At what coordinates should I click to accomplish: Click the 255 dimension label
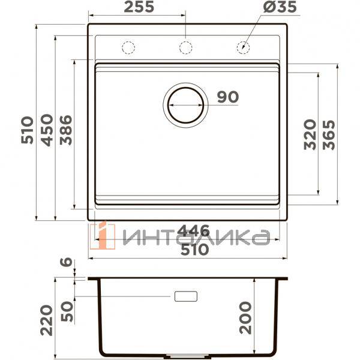[x=139, y=7]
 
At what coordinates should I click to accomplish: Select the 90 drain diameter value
[x=227, y=97]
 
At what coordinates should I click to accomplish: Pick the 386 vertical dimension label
[x=65, y=130]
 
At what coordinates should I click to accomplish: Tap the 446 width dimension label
[x=191, y=230]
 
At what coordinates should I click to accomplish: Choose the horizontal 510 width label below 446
[x=191, y=250]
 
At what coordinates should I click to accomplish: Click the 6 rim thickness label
[x=67, y=263]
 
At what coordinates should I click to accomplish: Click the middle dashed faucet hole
[x=186, y=47]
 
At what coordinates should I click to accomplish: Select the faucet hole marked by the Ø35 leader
[x=244, y=47]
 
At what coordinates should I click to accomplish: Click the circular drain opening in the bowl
[x=185, y=103]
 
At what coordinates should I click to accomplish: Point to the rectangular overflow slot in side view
[x=185, y=296]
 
